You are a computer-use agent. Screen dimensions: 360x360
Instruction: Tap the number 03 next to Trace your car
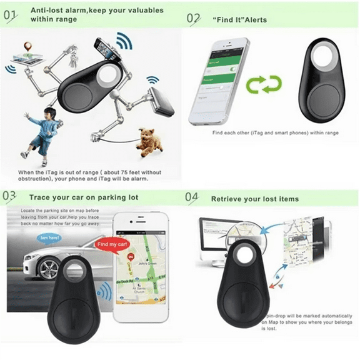[11, 196]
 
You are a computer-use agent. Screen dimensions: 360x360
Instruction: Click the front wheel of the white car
[48, 268]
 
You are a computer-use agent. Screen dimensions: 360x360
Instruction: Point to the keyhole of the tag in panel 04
[241, 256]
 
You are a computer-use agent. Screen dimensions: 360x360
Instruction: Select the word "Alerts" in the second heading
[256, 20]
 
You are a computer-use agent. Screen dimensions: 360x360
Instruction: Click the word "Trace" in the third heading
[39, 197]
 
